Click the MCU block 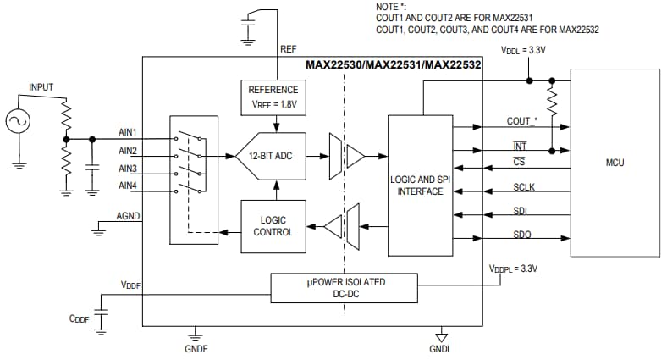click(x=615, y=162)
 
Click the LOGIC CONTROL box click(x=273, y=226)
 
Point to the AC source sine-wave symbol click(x=18, y=122)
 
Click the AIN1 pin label click(x=129, y=133)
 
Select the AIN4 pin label click(x=129, y=186)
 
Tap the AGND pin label click(x=129, y=217)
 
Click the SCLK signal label click(x=525, y=187)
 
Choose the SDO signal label click(x=523, y=234)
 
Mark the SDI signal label click(x=522, y=210)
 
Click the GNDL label click(x=440, y=348)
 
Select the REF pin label click(x=288, y=49)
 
